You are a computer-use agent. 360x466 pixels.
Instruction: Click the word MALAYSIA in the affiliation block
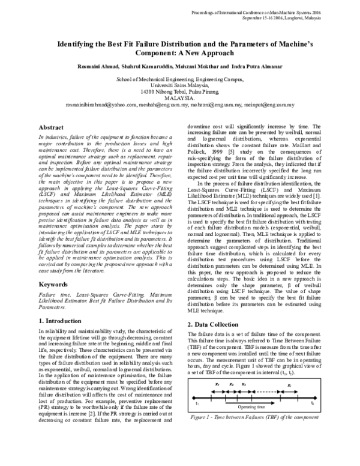pyautogui.click(x=180, y=97)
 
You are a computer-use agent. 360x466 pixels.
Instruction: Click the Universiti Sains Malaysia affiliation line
pyautogui.click(x=180, y=85)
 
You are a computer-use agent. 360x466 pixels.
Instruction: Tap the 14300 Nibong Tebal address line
pyautogui.click(x=180, y=91)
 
